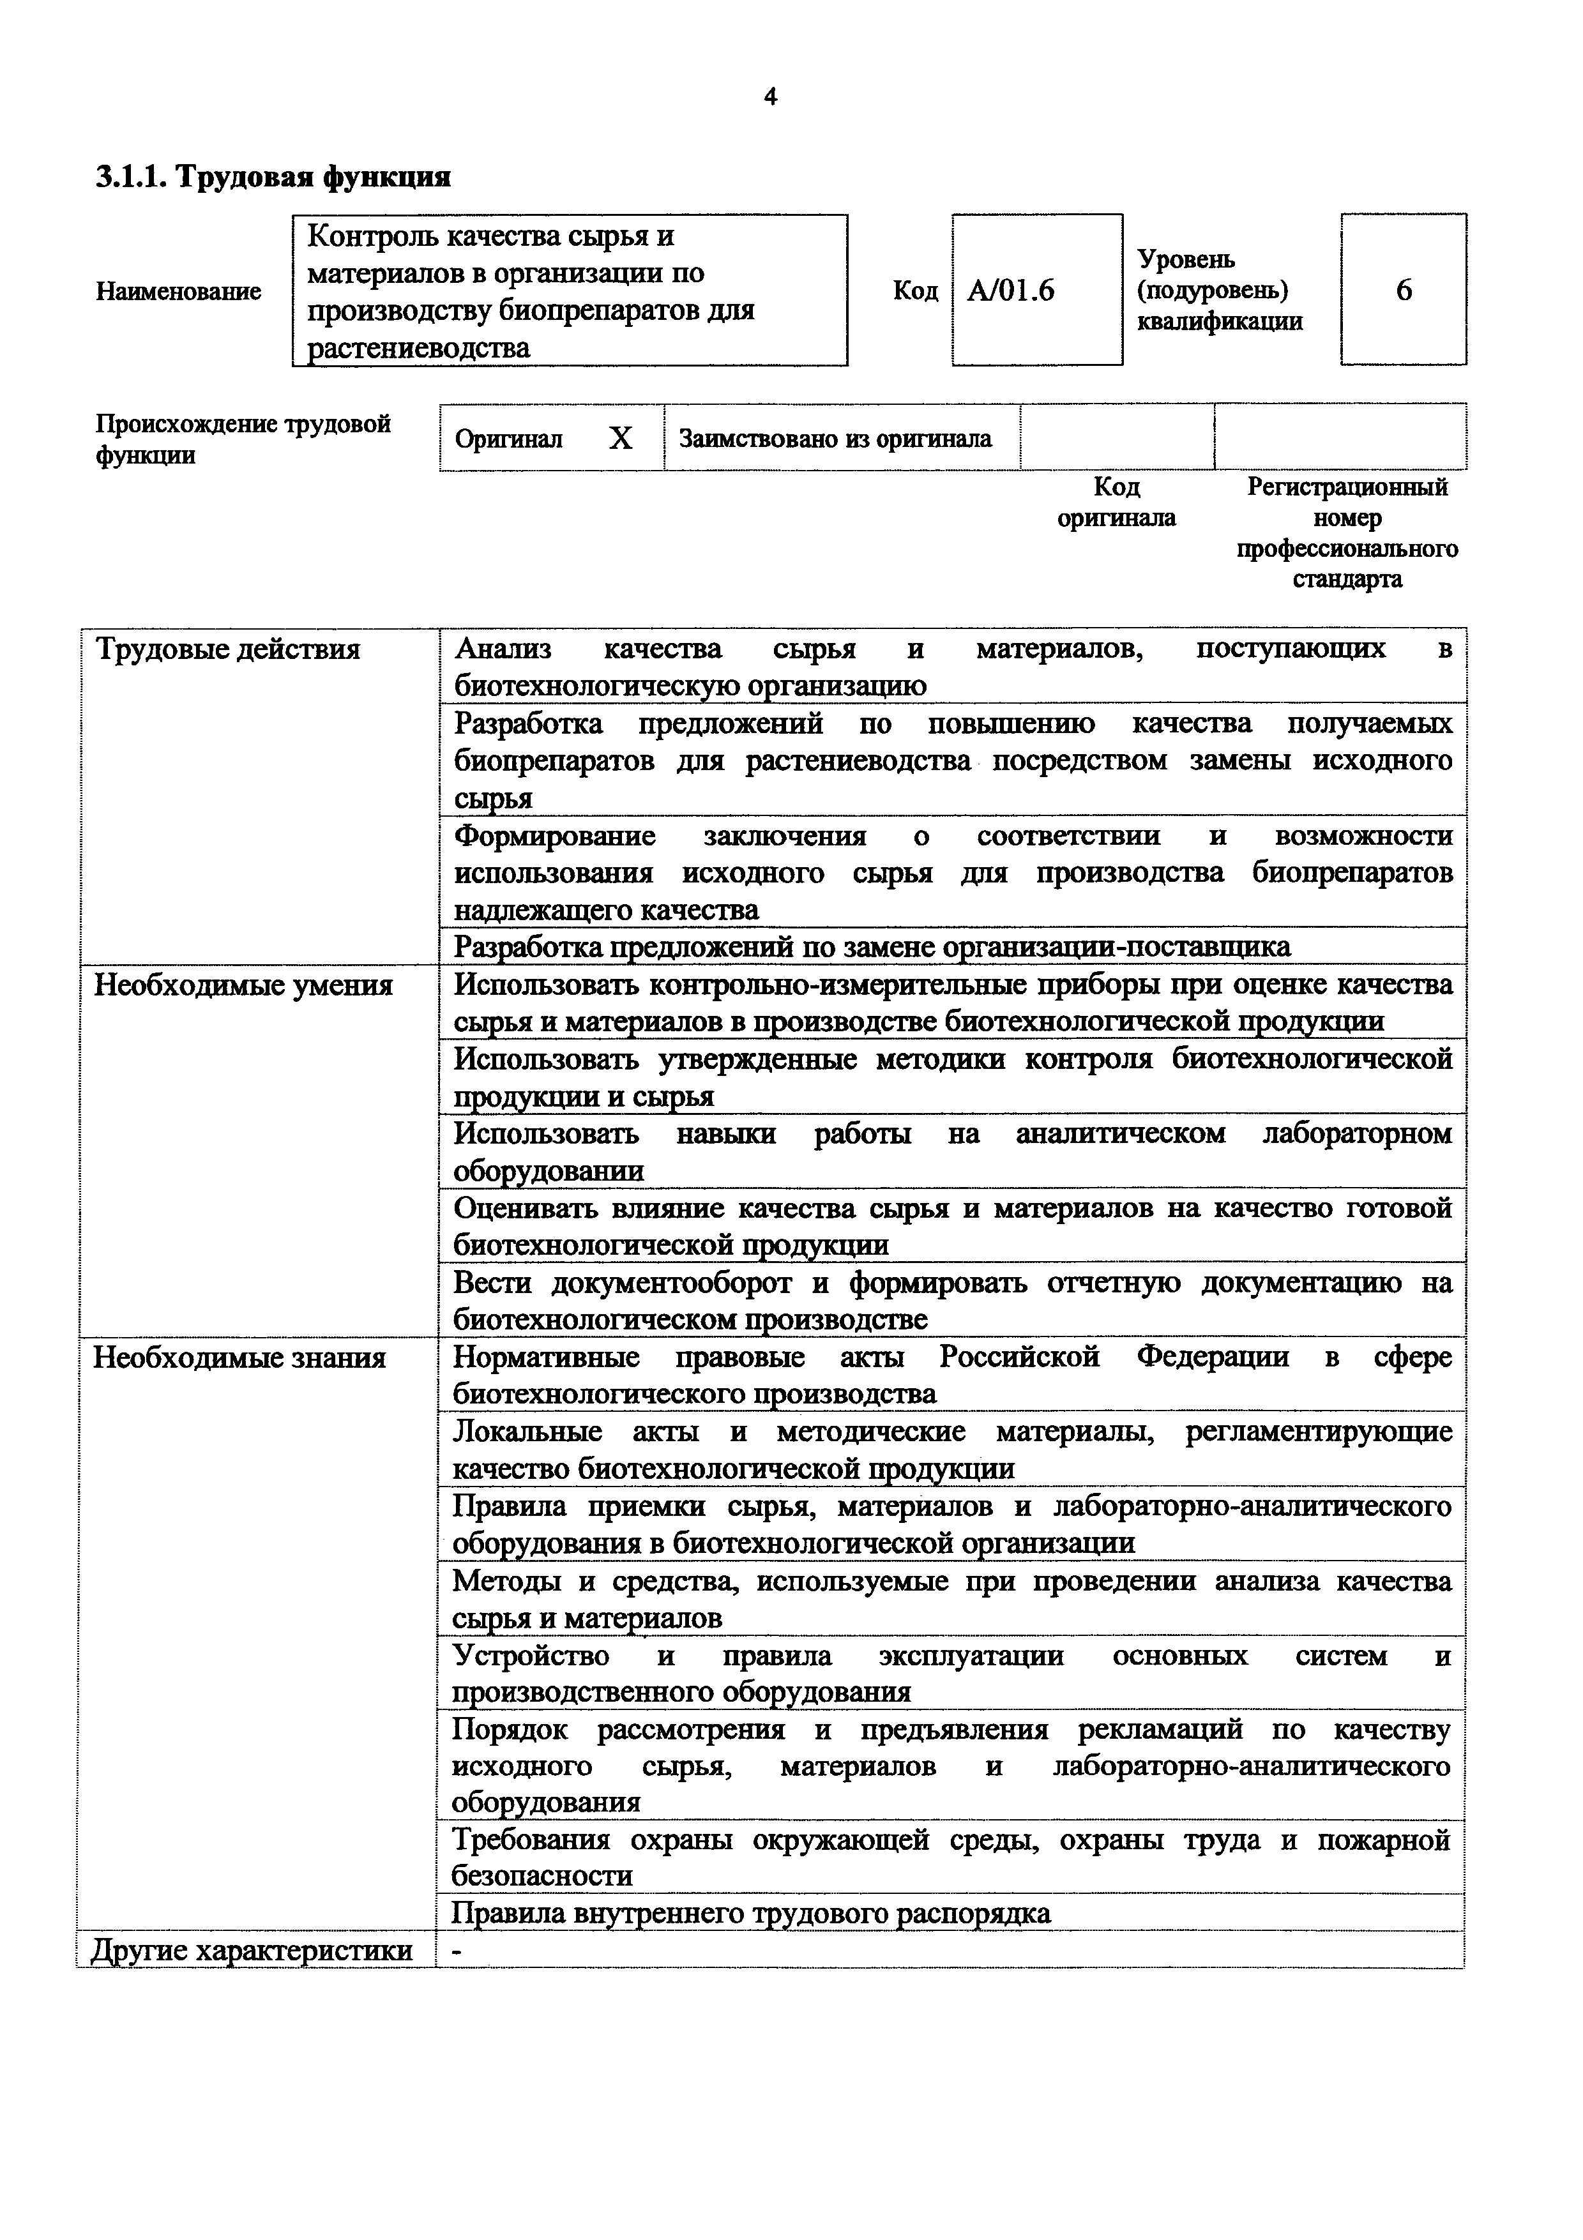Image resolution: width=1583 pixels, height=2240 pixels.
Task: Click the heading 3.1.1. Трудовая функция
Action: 273,177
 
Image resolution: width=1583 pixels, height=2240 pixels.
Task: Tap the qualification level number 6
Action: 1404,290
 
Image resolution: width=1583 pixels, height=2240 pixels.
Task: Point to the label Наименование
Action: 179,292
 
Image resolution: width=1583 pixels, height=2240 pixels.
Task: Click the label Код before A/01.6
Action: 915,291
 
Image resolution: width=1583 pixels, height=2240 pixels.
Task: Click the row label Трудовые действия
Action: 228,650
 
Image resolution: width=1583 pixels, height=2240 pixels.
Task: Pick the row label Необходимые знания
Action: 240,1358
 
